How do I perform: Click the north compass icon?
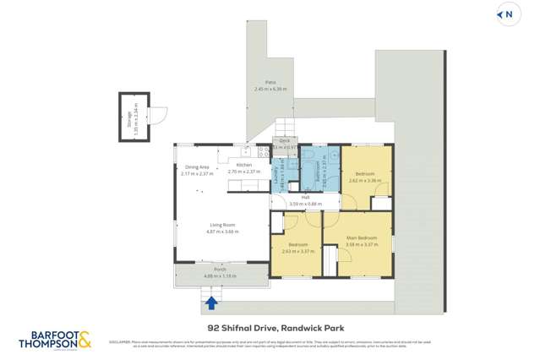tap(507, 14)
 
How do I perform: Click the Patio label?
tap(270, 83)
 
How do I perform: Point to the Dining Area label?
tap(197, 167)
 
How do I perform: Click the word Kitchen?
tap(243, 165)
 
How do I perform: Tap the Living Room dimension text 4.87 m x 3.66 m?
tap(223, 232)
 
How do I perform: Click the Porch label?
tap(218, 270)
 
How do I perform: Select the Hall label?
tap(305, 198)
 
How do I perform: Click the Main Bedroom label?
tap(362, 238)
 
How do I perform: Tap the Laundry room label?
tap(276, 173)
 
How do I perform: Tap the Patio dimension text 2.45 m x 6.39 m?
tap(270, 89)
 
